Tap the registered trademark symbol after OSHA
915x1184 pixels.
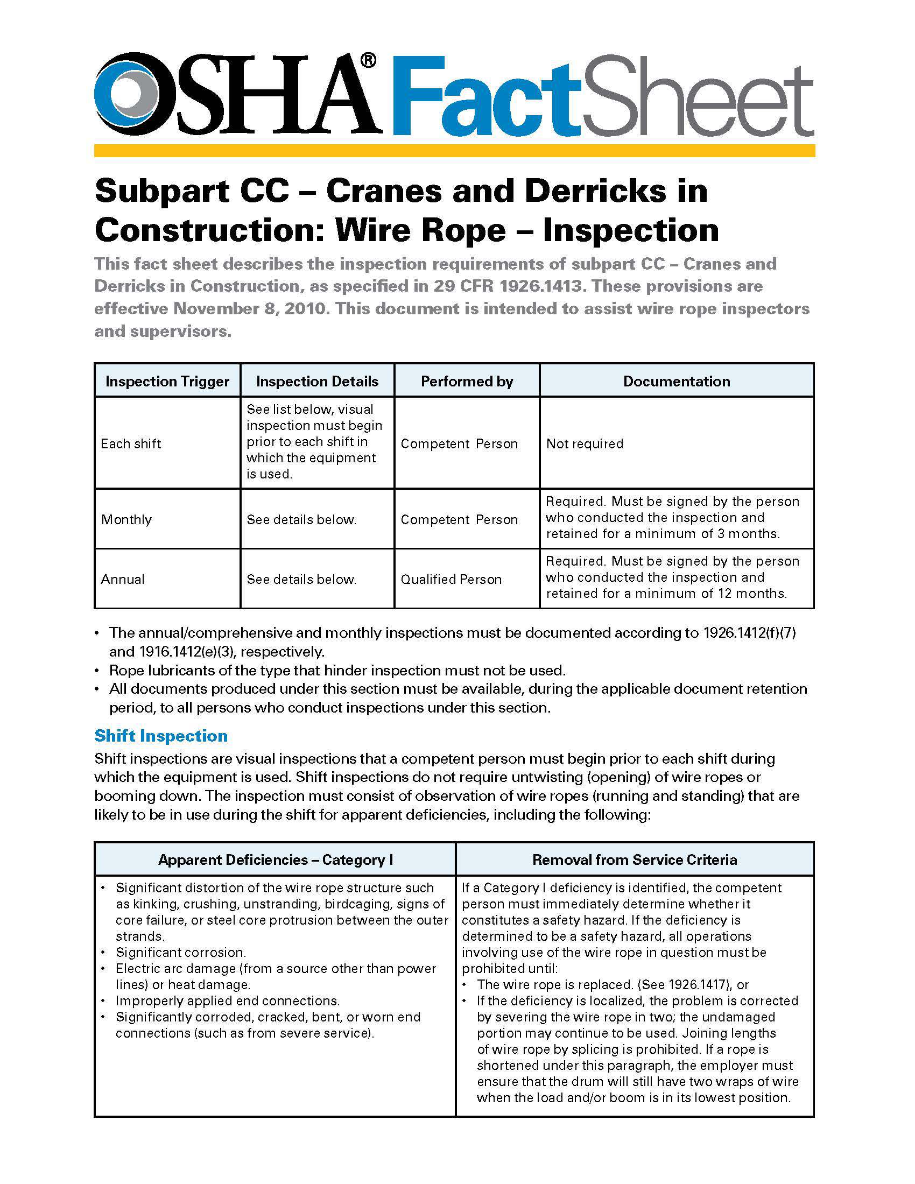pos(368,61)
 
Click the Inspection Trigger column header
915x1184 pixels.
pos(167,381)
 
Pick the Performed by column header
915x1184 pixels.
pos(467,381)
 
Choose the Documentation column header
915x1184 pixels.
pos(677,381)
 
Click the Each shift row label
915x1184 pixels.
pos(131,443)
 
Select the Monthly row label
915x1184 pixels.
pos(126,519)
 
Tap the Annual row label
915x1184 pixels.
pos(123,579)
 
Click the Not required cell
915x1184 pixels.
pos(585,443)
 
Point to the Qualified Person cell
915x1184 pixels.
pos(451,579)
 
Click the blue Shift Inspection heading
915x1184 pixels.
pos(161,736)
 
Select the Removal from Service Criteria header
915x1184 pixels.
pos(635,859)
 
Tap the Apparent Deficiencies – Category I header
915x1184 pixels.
pos(276,859)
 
